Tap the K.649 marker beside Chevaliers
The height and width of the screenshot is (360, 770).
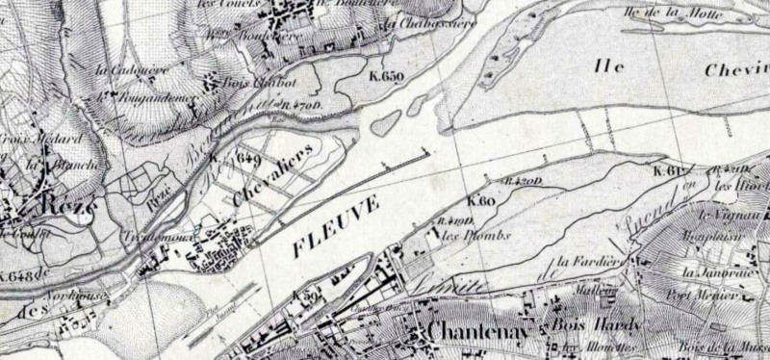pos(244,156)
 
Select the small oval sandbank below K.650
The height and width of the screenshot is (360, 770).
pos(385,122)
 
